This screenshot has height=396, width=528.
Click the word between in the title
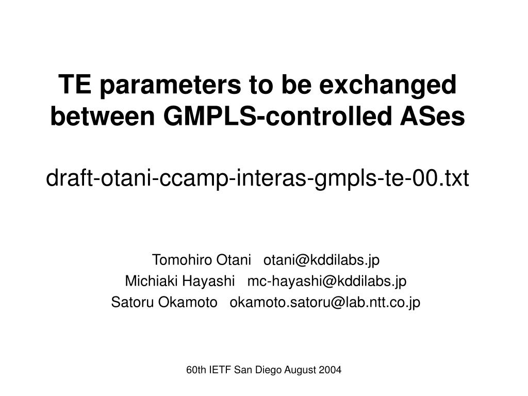pos(103,117)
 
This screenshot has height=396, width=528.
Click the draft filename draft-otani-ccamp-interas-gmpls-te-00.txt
pos(257,179)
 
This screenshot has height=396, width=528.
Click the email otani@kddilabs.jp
pos(321,260)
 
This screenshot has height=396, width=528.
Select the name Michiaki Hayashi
pos(179,281)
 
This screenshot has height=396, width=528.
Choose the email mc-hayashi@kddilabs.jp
pos(327,281)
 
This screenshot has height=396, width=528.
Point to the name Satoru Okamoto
pos(164,302)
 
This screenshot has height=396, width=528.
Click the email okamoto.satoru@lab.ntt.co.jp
pos(325,302)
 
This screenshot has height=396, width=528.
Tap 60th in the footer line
pos(195,370)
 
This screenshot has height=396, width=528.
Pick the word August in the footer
pos(299,370)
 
